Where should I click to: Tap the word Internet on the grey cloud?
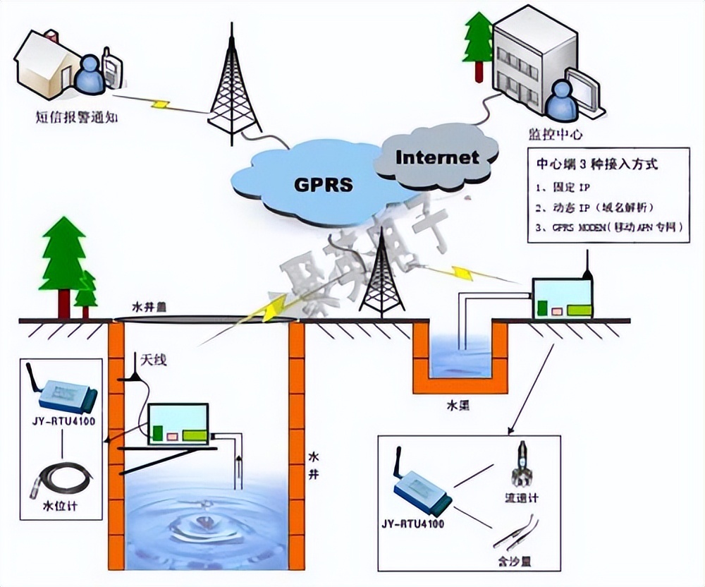pyautogui.click(x=437, y=157)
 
